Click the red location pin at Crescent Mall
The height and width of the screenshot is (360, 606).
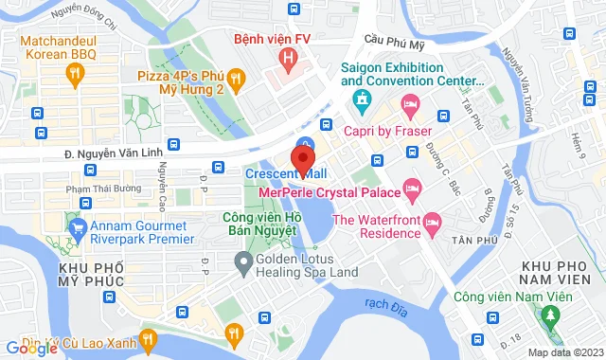pyautogui.click(x=303, y=153)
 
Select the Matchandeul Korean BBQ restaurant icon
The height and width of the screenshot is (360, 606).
pyautogui.click(x=75, y=73)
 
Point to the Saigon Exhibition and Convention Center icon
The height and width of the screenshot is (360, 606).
pyautogui.click(x=361, y=98)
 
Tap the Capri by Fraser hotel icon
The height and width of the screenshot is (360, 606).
pyautogui.click(x=410, y=104)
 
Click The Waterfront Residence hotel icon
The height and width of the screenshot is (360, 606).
pyautogui.click(x=432, y=223)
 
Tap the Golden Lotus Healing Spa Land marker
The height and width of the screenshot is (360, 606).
pyautogui.click(x=244, y=261)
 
